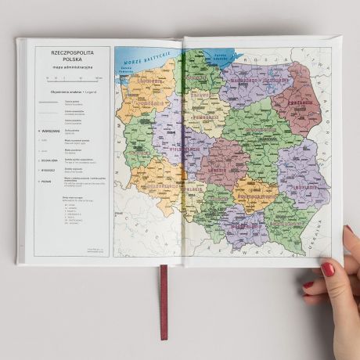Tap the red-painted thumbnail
pos(327,268)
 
